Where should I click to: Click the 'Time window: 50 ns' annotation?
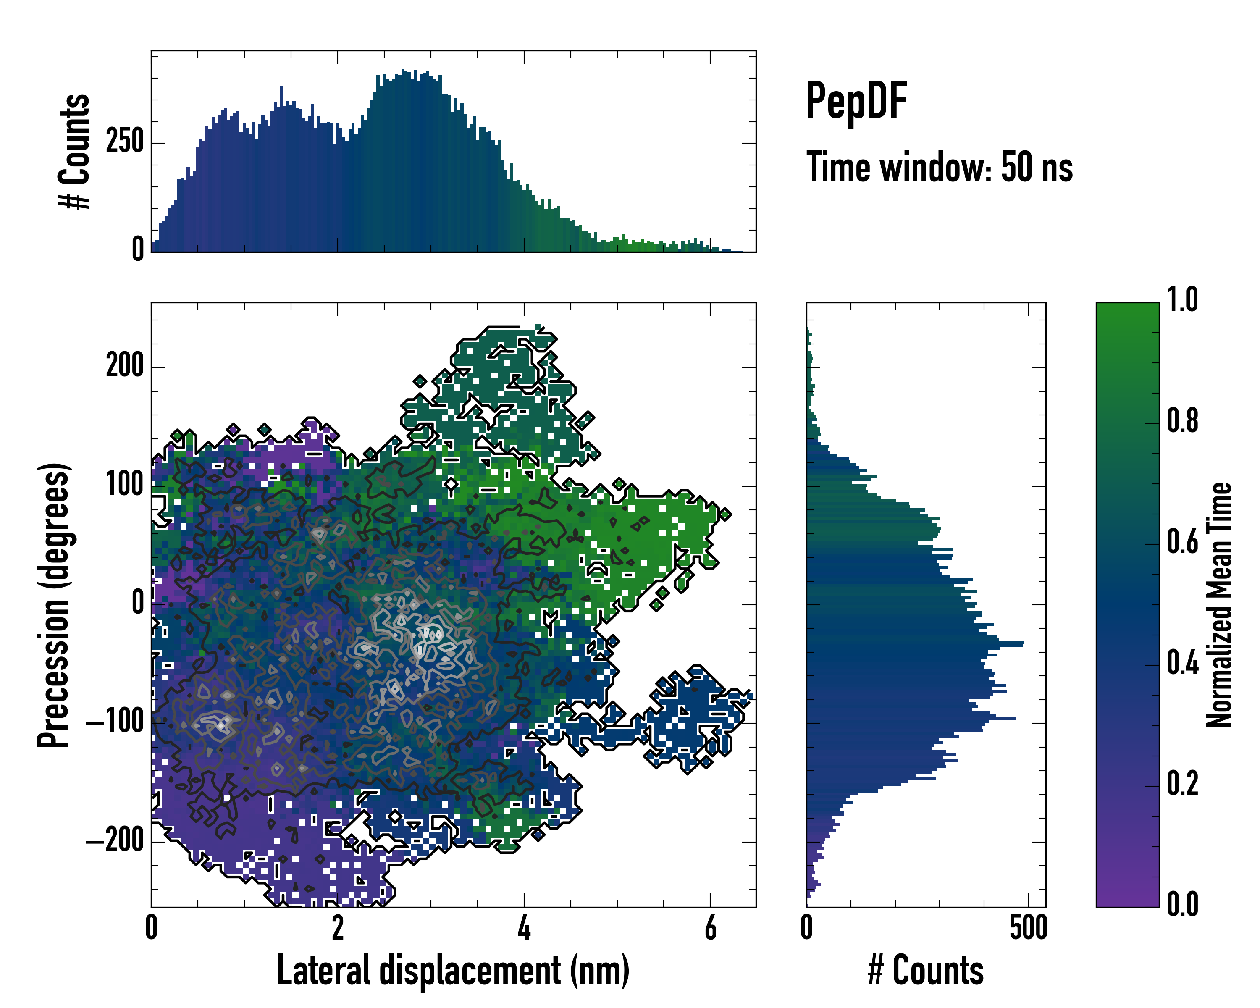(x=939, y=168)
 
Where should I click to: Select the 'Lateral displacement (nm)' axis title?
(x=453, y=971)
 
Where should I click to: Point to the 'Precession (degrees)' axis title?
(x=53, y=605)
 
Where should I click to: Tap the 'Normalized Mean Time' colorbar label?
(x=1219, y=605)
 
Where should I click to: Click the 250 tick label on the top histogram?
(x=124, y=142)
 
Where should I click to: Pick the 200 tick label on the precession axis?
(x=124, y=367)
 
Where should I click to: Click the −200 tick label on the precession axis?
(x=115, y=841)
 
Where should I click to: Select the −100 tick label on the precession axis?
(x=115, y=723)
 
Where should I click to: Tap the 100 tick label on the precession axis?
(x=124, y=486)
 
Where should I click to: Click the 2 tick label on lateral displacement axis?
(x=338, y=928)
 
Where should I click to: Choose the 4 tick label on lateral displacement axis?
(x=524, y=928)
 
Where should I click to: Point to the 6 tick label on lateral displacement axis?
(x=710, y=928)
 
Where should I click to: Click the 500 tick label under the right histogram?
(x=1029, y=928)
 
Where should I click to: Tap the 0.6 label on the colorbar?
(x=1182, y=542)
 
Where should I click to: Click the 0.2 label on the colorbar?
(x=1182, y=784)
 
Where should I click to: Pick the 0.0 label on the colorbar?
(x=1182, y=905)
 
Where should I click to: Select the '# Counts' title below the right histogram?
(x=926, y=971)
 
